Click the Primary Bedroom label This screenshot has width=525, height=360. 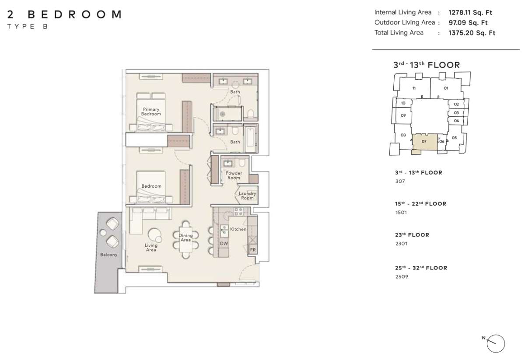point(151,112)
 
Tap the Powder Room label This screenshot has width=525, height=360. point(234,175)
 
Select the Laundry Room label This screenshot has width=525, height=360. point(247,196)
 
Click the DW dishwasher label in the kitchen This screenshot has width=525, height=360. point(224,244)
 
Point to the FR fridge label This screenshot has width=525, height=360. point(253,250)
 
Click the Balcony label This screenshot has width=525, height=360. point(108,255)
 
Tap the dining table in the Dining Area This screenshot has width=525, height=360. point(185,240)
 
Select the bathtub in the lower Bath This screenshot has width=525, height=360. point(250,140)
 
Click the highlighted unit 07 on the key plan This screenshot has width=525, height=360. point(424,142)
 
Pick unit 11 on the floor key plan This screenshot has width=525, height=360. point(414,88)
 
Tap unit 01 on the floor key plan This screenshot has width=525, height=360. point(446,88)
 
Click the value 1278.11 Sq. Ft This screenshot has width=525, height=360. point(470,12)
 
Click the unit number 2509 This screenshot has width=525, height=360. point(402,276)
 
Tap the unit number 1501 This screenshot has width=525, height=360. point(401,212)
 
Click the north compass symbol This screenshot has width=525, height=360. point(495,343)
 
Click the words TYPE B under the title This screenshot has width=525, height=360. point(28,27)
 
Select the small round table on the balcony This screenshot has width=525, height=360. point(103,233)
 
